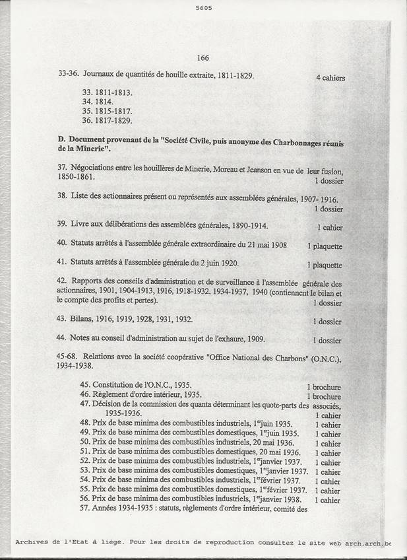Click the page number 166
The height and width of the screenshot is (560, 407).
(x=203, y=58)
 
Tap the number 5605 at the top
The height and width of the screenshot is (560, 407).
(x=204, y=8)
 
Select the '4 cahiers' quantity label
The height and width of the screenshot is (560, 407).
(x=330, y=78)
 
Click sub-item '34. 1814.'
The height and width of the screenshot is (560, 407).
(x=98, y=102)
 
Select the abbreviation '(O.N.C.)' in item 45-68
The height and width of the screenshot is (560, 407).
(x=324, y=357)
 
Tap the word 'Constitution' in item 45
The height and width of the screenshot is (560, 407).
(x=116, y=385)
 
